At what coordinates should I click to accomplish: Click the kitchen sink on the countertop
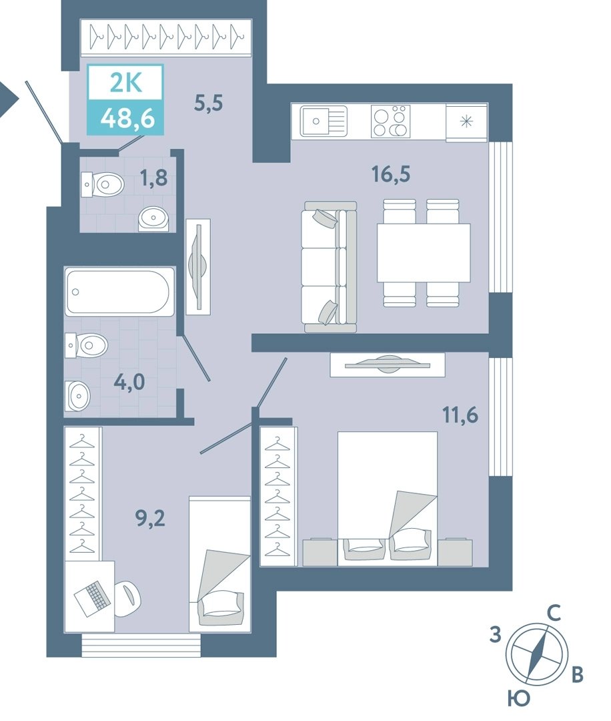324,122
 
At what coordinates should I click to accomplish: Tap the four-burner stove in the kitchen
390,122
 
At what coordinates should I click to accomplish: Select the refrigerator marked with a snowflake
466,122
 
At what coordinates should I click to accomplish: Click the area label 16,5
391,174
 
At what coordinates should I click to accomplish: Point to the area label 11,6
460,415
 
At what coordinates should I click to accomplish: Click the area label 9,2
150,518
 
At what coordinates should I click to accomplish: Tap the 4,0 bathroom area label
129,382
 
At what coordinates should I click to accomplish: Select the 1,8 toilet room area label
154,178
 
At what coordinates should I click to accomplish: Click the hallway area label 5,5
209,103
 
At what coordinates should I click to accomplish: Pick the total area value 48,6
127,119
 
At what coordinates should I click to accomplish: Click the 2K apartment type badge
126,83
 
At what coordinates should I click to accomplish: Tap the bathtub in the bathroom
119,292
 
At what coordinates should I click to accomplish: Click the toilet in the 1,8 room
103,184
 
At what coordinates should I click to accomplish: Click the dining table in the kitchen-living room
424,252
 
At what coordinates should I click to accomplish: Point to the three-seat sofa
329,266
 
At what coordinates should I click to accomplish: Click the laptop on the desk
93,598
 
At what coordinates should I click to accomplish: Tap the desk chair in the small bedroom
127,599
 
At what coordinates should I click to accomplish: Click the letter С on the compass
554,613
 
